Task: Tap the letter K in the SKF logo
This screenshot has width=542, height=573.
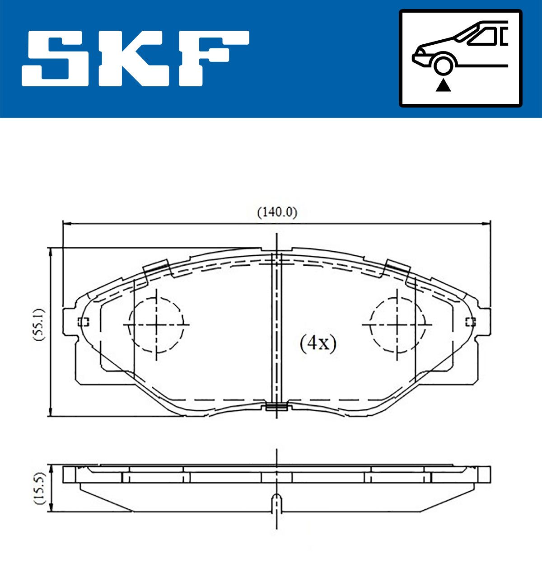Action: (x=134, y=58)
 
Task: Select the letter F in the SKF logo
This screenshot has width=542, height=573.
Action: (x=214, y=58)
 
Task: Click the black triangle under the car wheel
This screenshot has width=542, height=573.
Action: (x=443, y=85)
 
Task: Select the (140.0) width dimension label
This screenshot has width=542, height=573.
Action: (x=277, y=212)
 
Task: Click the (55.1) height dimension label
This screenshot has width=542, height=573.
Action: (x=39, y=324)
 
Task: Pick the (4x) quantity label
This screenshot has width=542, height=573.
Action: (x=318, y=343)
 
